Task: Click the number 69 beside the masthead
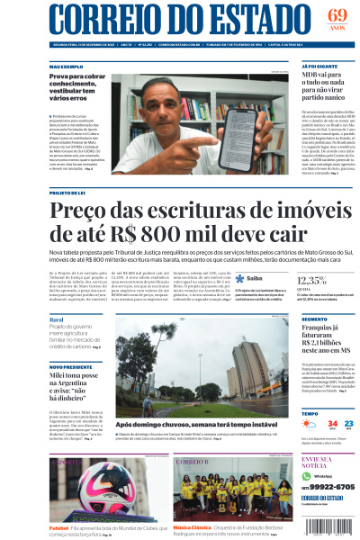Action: point(337,15)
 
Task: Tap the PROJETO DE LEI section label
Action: point(67,193)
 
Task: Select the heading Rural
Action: point(57,319)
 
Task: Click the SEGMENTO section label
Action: point(314,319)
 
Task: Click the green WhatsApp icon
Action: point(305,475)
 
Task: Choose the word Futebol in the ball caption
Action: point(59,528)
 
